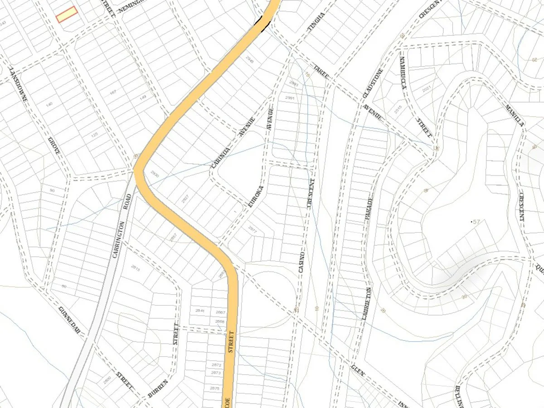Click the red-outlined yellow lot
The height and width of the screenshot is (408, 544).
pos(67,15)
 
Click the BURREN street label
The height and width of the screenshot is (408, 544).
pos(158,389)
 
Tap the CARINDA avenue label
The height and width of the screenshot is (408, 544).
pos(222,154)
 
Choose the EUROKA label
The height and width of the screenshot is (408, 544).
pos(256,196)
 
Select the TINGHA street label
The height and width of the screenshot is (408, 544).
pos(316,22)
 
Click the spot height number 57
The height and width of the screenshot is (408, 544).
pos(476,222)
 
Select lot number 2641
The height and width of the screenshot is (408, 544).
pos(200,311)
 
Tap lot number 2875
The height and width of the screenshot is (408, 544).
pos(215,388)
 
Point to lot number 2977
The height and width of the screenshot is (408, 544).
pos(253,230)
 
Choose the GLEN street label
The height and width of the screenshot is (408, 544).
pos(358,373)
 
